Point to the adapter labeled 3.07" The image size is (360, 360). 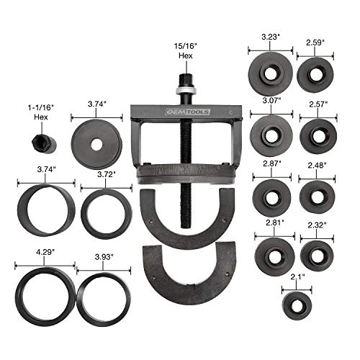pyautogui.click(x=270, y=134)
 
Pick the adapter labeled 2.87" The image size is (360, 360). pyautogui.click(x=270, y=193)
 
